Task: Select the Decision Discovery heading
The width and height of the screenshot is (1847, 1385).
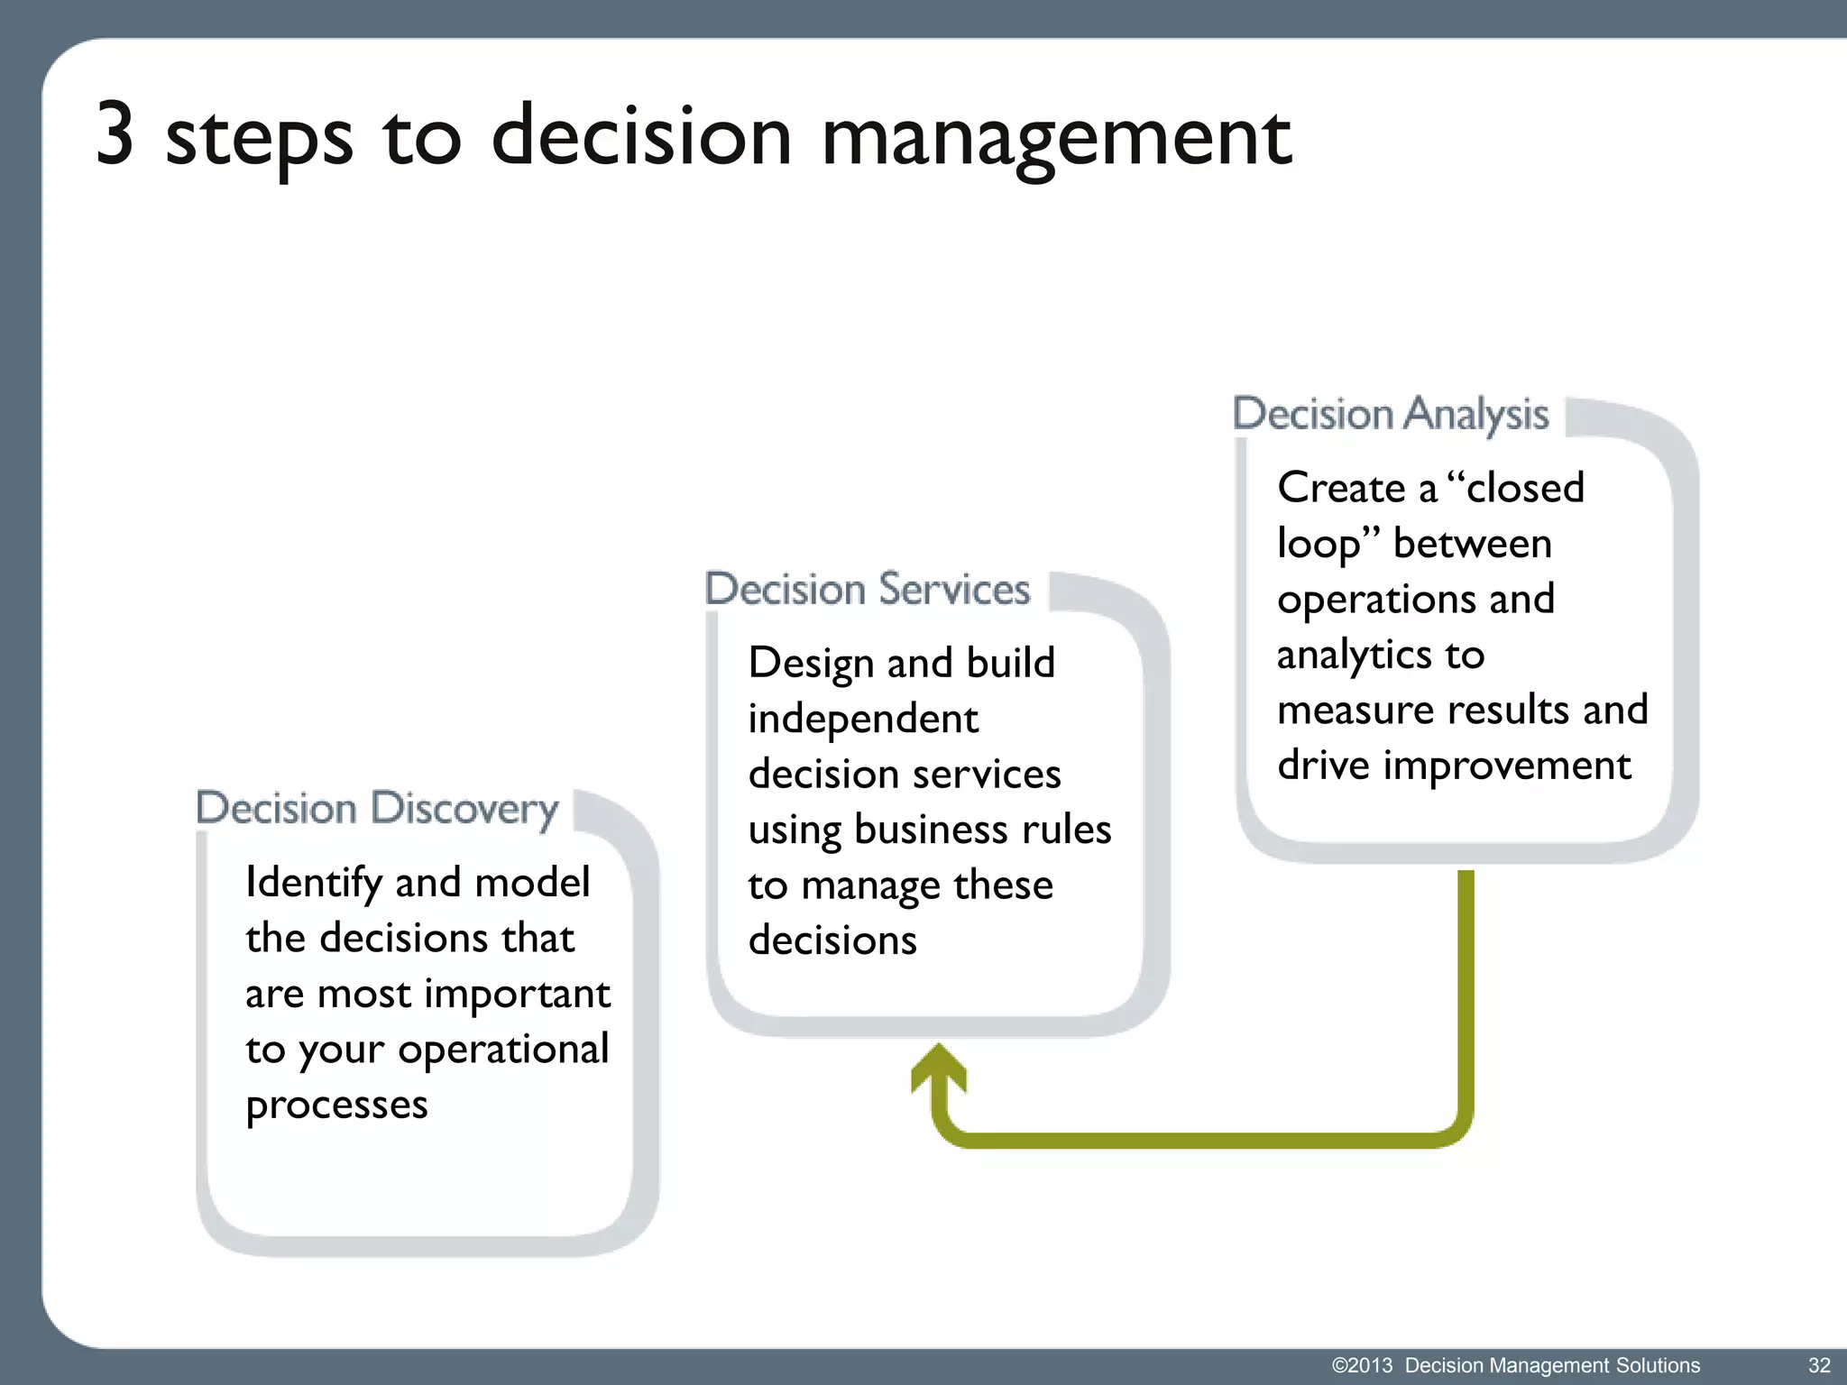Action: [377, 808]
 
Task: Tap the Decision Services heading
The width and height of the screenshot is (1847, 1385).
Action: [867, 589]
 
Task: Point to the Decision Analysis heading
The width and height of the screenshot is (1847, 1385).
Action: [1390, 414]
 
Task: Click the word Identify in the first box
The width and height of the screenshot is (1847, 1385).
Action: [313, 883]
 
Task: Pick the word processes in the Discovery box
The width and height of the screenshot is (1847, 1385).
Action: [336, 1105]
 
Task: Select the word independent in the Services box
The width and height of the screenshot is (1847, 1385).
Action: [863, 719]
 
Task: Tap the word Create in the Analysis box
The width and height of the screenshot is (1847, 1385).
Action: [1341, 488]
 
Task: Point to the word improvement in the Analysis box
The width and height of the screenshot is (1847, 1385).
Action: [1507, 766]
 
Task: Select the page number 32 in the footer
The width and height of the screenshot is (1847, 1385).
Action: [1818, 1365]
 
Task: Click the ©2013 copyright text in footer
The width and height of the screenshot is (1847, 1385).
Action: [1362, 1365]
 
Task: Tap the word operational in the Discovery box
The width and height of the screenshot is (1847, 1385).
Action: [503, 1050]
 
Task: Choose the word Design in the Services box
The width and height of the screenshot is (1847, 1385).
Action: [811, 664]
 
